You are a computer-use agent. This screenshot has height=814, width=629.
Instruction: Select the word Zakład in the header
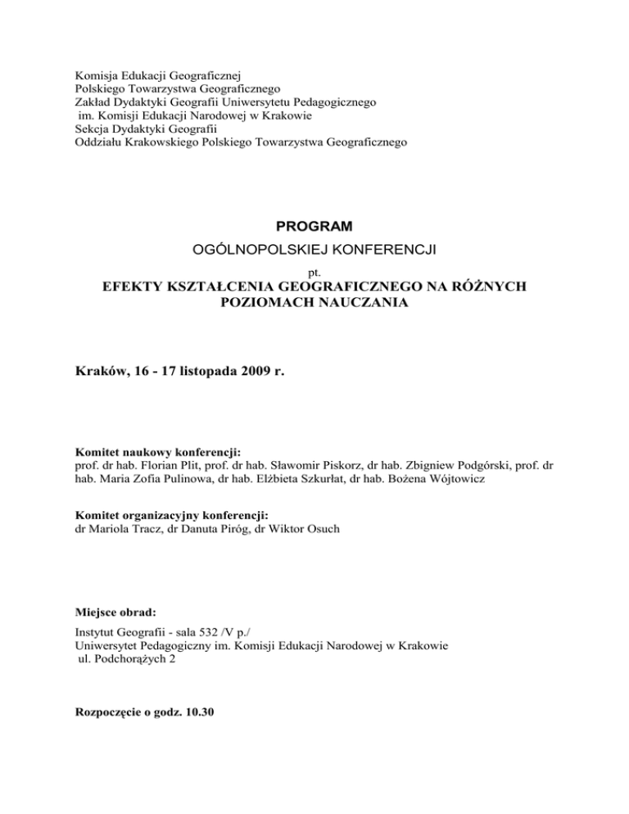pyautogui.click(x=93, y=103)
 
